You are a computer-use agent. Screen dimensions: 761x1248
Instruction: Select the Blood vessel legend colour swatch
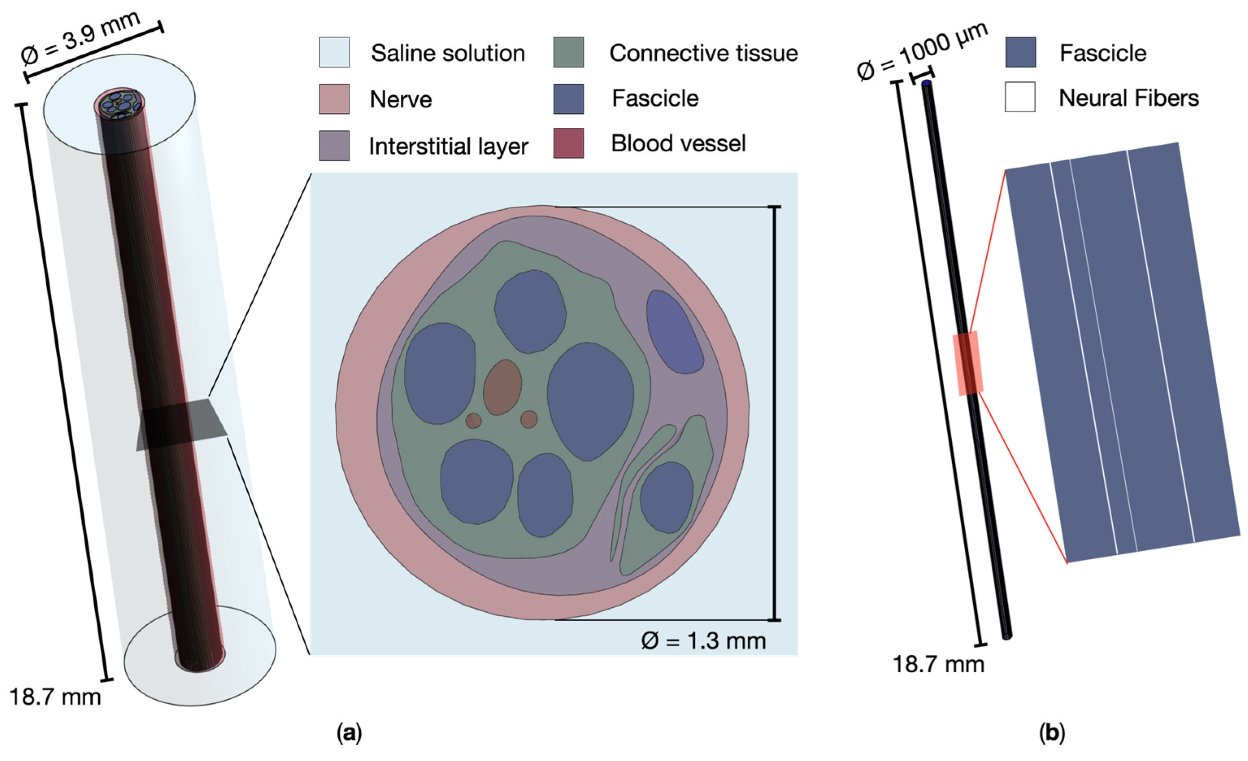click(x=568, y=143)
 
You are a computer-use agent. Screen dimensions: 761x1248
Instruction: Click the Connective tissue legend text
click(x=703, y=53)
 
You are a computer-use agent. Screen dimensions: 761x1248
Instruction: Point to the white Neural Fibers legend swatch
click(x=1020, y=97)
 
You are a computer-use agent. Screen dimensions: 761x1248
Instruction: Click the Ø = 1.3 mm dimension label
click(x=703, y=641)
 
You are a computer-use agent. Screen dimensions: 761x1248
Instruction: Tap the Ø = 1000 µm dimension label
click(x=922, y=51)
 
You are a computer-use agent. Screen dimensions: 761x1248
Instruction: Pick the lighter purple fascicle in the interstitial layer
click(x=674, y=332)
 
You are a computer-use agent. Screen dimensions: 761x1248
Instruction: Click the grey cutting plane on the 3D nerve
click(x=182, y=425)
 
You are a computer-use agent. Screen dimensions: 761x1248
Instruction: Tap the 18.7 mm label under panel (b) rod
click(x=938, y=665)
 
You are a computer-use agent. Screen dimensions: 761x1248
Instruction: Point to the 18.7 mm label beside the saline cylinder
click(x=55, y=697)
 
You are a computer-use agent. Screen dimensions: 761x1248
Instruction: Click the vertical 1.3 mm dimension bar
click(x=774, y=413)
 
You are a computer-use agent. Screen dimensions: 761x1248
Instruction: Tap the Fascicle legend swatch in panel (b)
click(x=1020, y=52)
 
